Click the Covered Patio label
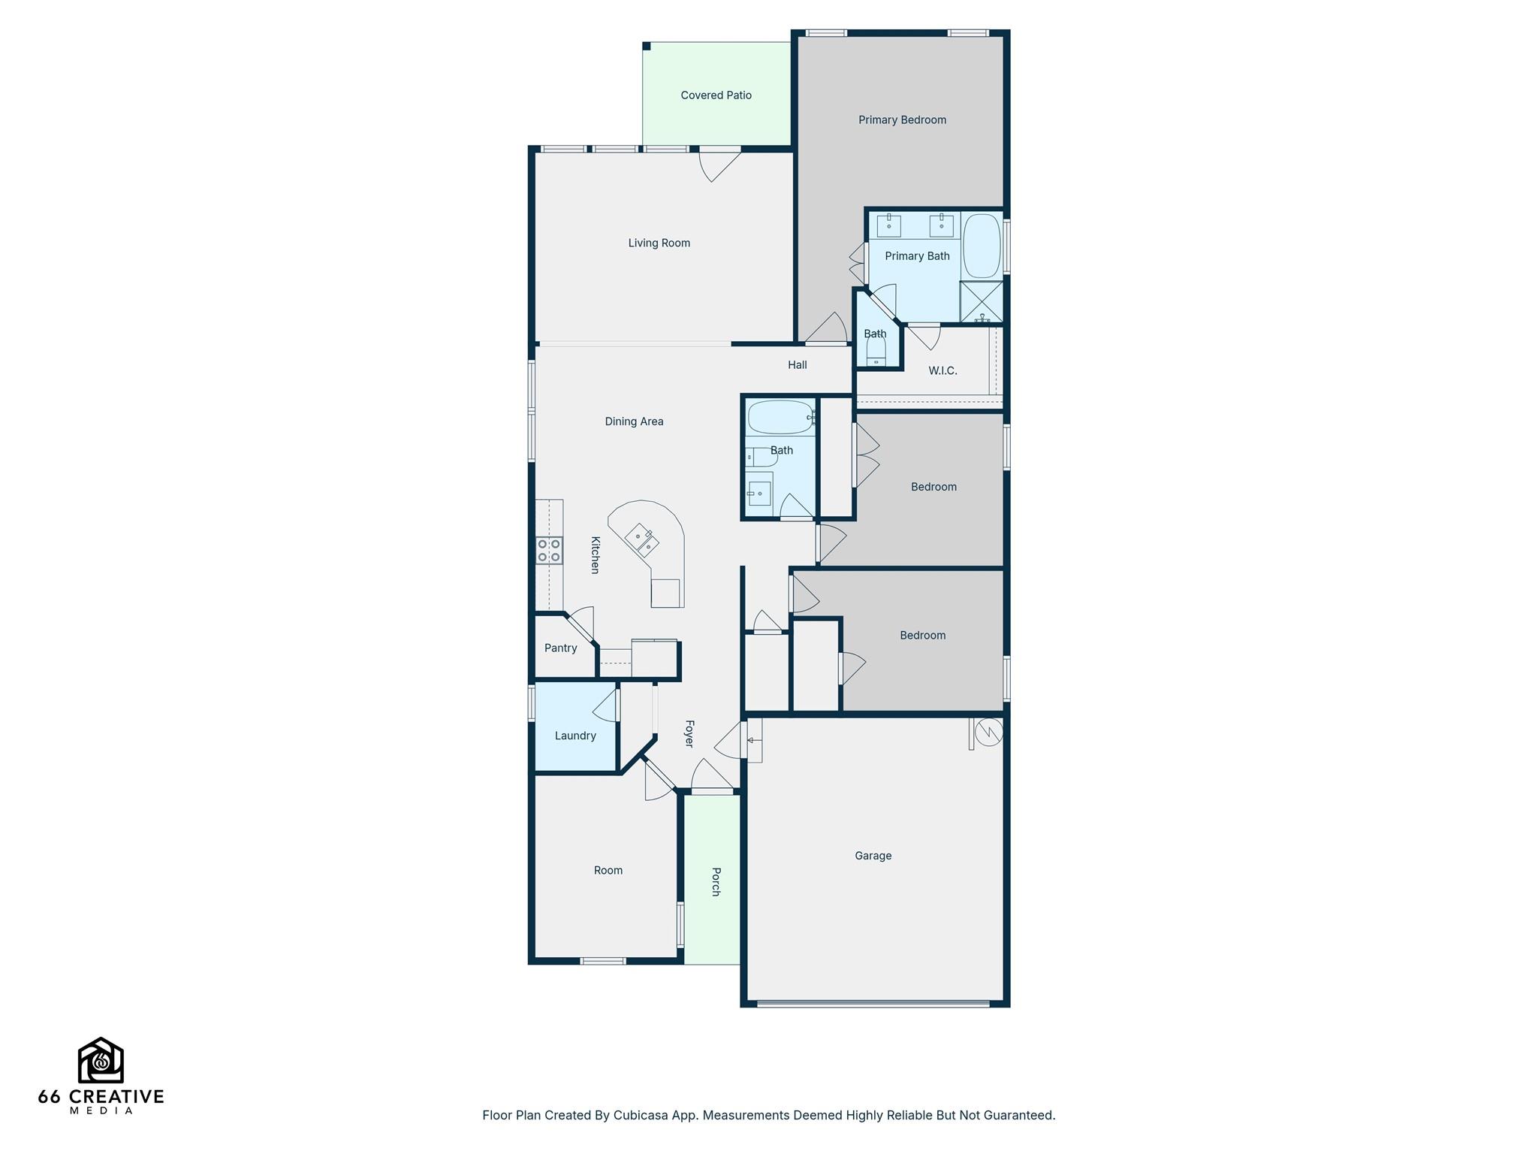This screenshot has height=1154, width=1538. point(716,95)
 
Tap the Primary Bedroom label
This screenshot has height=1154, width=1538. point(902,120)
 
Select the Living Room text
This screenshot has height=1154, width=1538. point(659,243)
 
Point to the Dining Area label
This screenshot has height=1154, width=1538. point(634,421)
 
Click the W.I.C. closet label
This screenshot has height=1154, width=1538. point(942,371)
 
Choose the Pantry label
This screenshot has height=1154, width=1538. point(560,648)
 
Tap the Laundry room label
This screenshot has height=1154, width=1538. point(575,736)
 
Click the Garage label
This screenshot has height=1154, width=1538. point(873,856)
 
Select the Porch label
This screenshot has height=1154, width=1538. point(716,882)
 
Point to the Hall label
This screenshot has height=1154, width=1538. point(797,365)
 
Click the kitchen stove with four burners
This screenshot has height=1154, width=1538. point(549,551)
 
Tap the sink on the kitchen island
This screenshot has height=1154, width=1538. point(642,539)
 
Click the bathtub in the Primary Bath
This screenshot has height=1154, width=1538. point(982,246)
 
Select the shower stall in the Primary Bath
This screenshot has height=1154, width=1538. point(982,302)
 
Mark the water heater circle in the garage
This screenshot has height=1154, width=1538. point(988,732)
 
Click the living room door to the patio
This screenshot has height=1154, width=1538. point(719,164)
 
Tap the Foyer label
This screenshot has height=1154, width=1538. point(689,734)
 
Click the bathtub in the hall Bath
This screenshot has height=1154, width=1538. point(780,418)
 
